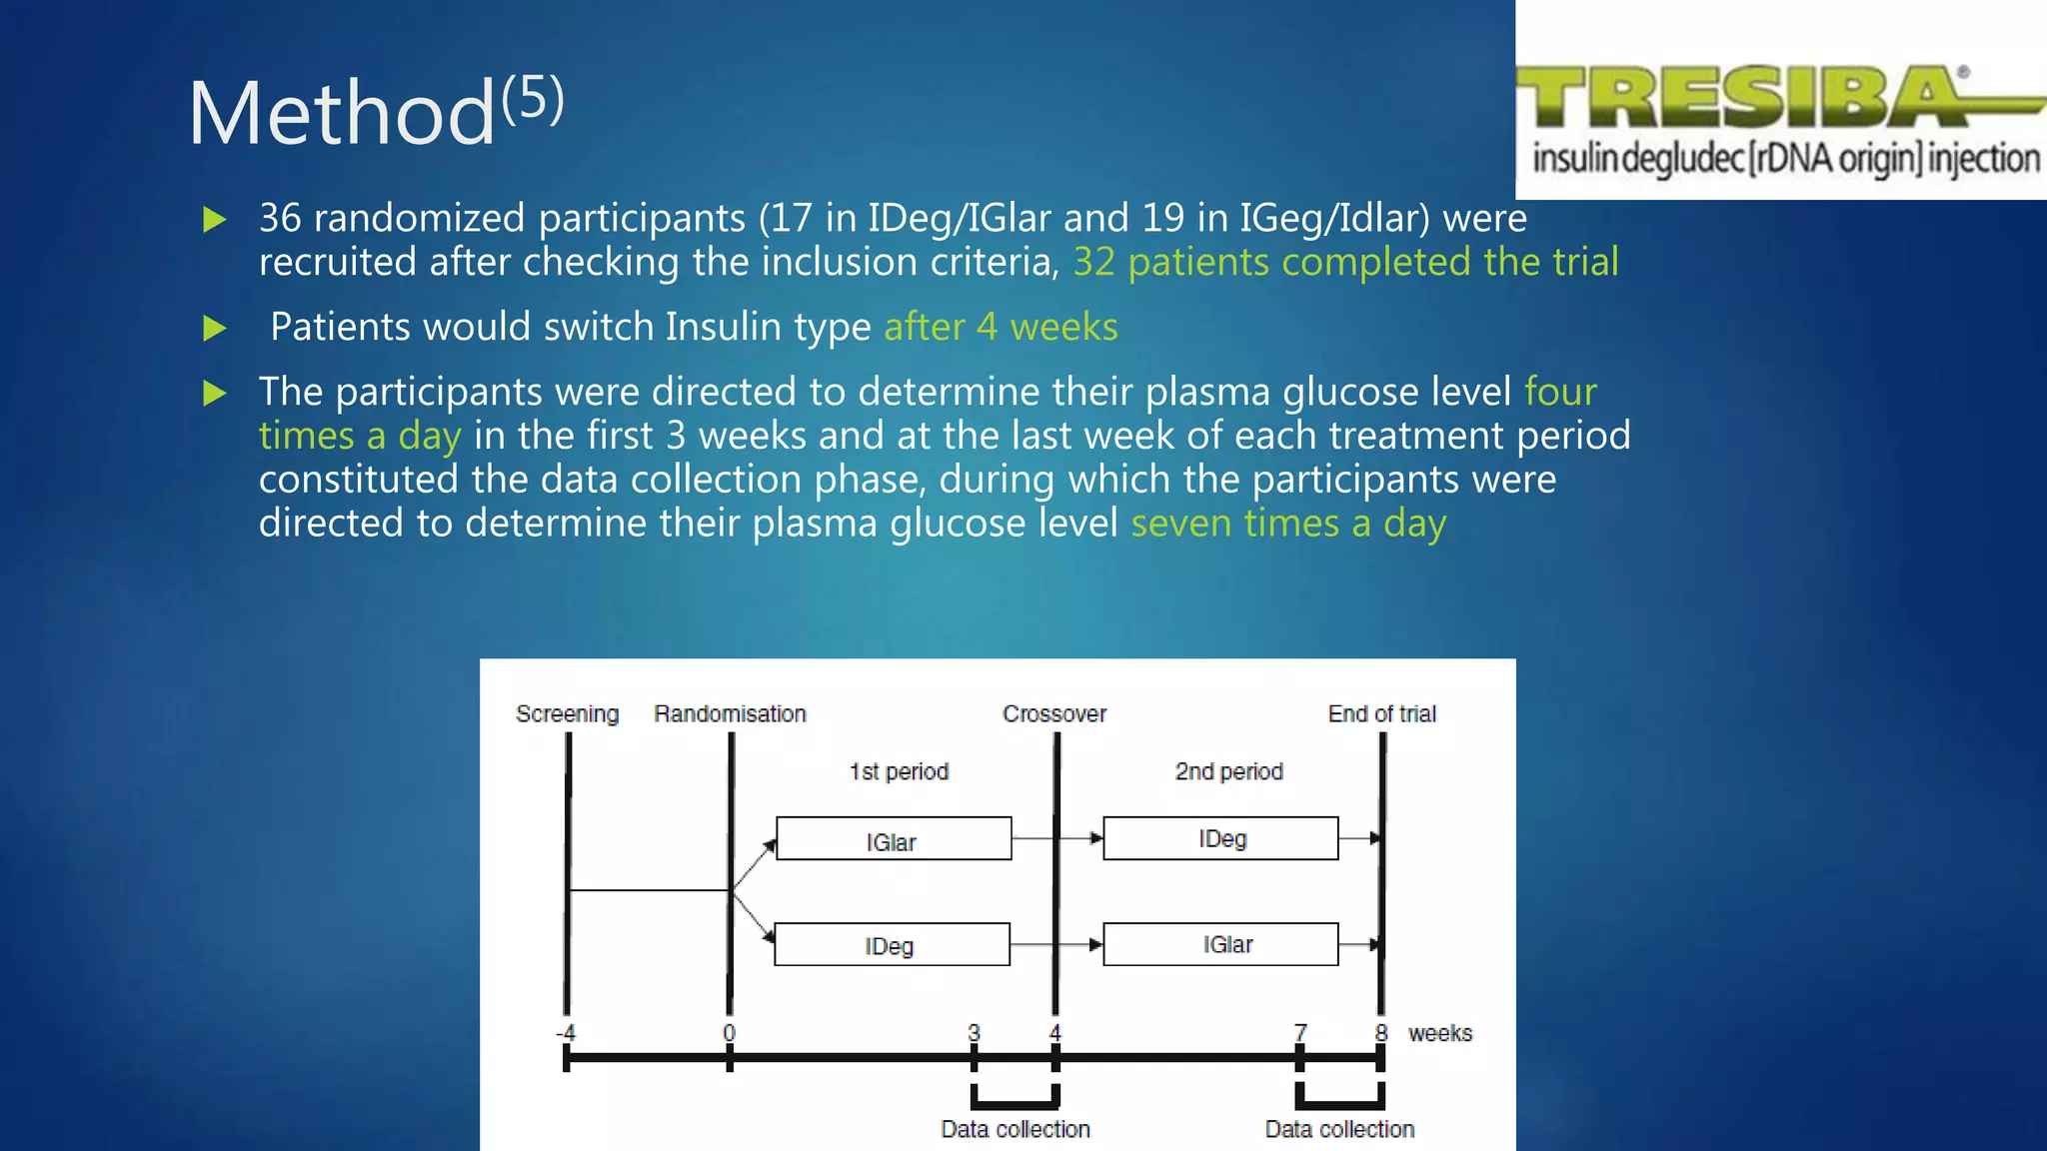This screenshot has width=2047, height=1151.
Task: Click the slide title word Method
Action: tap(342, 114)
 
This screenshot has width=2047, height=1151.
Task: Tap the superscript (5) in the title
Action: tap(533, 98)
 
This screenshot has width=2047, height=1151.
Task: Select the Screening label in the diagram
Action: tap(567, 714)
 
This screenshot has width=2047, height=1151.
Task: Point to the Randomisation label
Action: tap(730, 714)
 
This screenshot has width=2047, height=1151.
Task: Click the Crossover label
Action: tap(1054, 714)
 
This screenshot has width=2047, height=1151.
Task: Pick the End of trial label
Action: tap(1381, 714)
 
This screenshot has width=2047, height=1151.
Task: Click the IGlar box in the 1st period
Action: tap(893, 839)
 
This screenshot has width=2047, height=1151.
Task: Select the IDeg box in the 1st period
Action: tap(891, 944)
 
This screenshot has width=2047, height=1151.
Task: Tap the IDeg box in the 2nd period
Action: tap(1220, 838)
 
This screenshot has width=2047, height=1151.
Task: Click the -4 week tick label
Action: tap(566, 1032)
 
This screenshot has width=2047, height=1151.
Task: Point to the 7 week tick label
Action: tap(1299, 1032)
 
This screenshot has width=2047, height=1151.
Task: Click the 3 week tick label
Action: tap(974, 1032)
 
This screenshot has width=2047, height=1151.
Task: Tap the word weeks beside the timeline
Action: tap(1439, 1033)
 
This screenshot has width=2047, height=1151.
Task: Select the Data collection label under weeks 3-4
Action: tap(1015, 1129)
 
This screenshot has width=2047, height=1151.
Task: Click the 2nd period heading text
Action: tap(1228, 771)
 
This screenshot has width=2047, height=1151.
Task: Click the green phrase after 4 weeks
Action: tap(1001, 327)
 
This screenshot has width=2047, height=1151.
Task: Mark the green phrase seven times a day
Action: tap(1288, 524)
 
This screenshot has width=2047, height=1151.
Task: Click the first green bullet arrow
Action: tap(215, 219)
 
